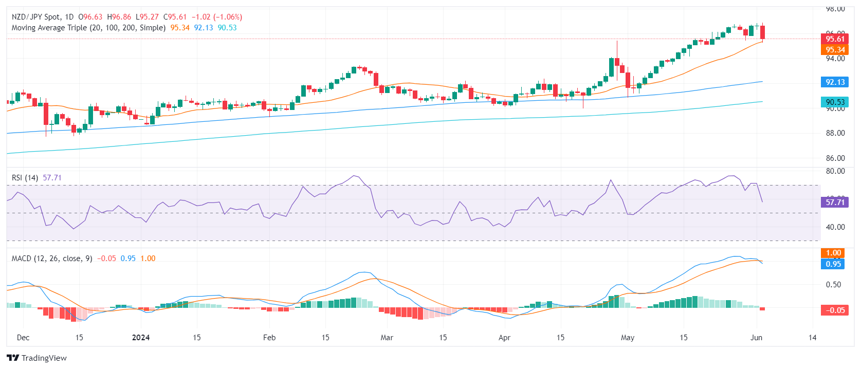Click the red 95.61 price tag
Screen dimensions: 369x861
pos(835,39)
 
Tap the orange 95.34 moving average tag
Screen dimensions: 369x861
pos(835,50)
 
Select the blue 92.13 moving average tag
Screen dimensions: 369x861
pos(835,82)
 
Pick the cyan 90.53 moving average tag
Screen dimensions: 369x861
pos(835,102)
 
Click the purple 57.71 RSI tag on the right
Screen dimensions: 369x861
pos(835,202)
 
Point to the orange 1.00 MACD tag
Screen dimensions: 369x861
pos(833,253)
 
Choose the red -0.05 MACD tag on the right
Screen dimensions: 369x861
pos(835,310)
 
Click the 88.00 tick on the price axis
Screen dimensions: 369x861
pos(835,133)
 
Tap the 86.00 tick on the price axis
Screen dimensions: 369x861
pos(835,158)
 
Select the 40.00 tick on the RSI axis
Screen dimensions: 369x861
pos(835,227)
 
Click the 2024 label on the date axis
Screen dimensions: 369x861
pos(140,338)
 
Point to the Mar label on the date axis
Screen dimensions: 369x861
pos(387,338)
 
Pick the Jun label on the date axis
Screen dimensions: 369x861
pos(756,338)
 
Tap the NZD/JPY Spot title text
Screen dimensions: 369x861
pos(36,17)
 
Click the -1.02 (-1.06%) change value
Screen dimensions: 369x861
pos(216,17)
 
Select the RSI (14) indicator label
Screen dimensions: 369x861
pos(25,178)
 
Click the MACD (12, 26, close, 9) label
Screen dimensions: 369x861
pos(52,259)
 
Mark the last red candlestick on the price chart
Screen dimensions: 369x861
pos(763,32)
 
